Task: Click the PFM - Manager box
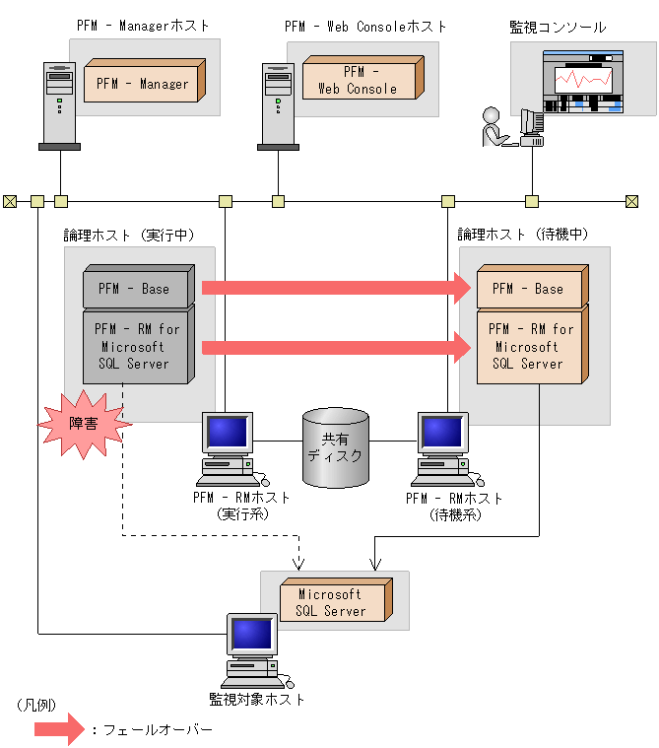pyautogui.click(x=144, y=83)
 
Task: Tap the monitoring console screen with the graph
pyautogui.click(x=583, y=85)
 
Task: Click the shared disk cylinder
pyautogui.click(x=336, y=448)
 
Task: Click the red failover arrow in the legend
pyautogui.click(x=59, y=730)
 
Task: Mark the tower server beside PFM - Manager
pyautogui.click(x=59, y=103)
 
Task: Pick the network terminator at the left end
pyautogui.click(x=10, y=202)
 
